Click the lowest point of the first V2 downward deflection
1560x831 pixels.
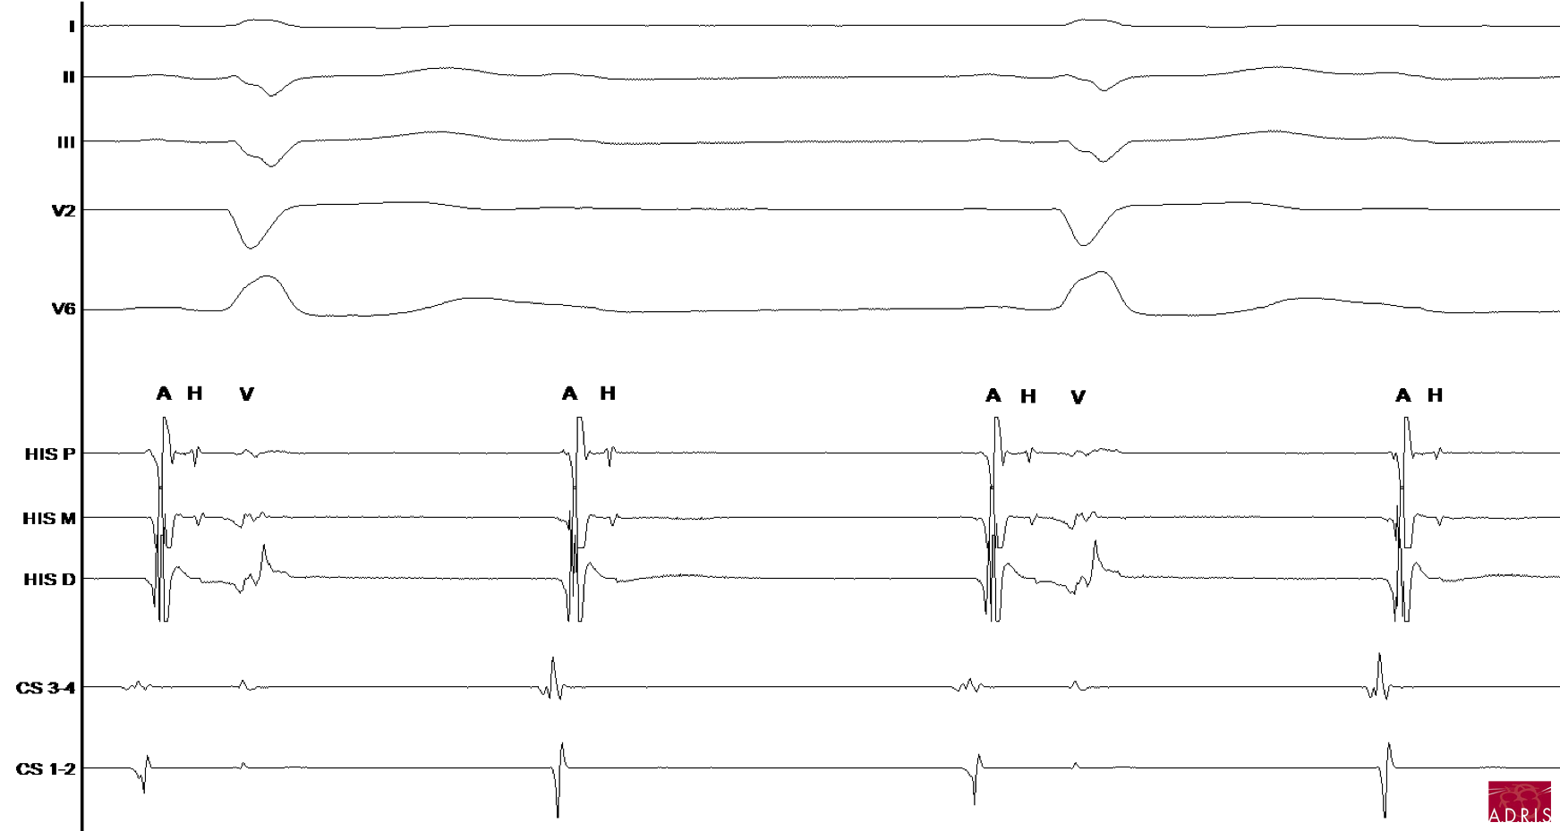coord(251,248)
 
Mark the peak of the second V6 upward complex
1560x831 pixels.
coord(1102,272)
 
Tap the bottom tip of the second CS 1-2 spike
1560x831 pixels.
coord(558,817)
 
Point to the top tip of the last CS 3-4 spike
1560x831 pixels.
coord(1379,654)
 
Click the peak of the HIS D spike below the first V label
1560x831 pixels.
coord(263,545)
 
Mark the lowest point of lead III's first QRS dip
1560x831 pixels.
coord(271,166)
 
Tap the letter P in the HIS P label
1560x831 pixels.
coord(70,454)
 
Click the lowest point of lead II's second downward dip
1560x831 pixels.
coord(1104,90)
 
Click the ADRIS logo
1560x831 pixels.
coord(1519,801)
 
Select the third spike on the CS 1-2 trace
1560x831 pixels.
coord(976,778)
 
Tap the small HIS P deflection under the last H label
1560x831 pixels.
coord(1438,454)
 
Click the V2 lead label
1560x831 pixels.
coord(64,211)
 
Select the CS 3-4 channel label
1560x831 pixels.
coord(46,688)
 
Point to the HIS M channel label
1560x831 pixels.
coord(49,519)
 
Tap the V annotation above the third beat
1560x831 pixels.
coord(1078,397)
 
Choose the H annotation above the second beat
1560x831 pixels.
coord(608,394)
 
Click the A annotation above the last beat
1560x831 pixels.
coord(1402,395)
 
